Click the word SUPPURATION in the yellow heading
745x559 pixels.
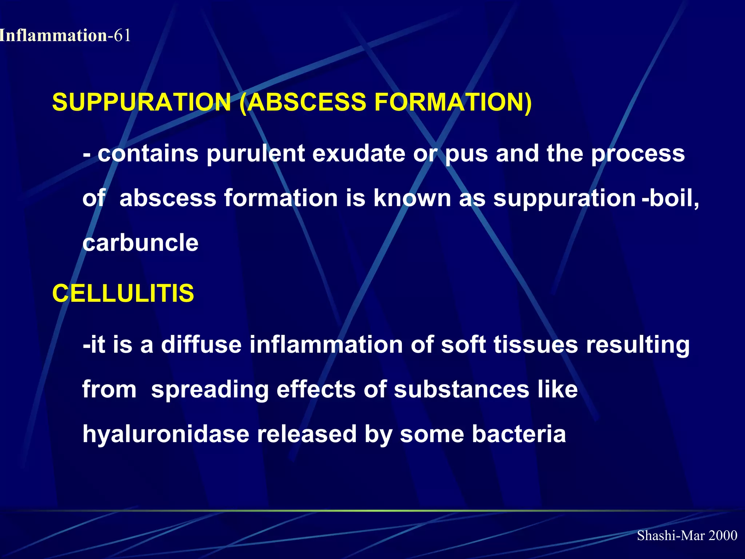(x=142, y=102)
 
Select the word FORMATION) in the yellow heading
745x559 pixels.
(x=453, y=102)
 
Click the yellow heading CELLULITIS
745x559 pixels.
(x=123, y=293)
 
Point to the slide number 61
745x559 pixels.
(x=122, y=36)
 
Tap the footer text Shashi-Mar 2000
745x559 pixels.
(x=687, y=535)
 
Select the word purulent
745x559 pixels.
(x=255, y=154)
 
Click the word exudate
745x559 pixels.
(x=358, y=154)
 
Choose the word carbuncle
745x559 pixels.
(x=140, y=243)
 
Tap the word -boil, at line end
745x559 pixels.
(x=670, y=198)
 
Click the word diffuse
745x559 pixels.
(x=201, y=345)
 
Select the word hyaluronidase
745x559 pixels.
(x=166, y=435)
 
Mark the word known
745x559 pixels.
(x=412, y=198)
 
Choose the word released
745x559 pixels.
(x=307, y=434)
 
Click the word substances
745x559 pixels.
(x=461, y=389)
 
